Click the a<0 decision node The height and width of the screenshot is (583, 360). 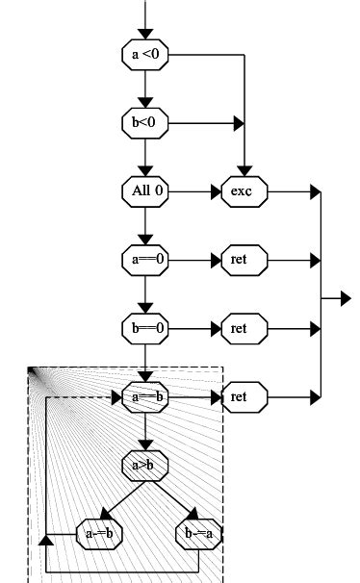pos(146,55)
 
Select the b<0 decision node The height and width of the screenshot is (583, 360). pos(146,123)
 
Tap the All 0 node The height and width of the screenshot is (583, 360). pos(146,191)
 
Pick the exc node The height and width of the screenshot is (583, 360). pos(245,191)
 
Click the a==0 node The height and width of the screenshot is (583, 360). pos(146,260)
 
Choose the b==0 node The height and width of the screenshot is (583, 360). pos(146,328)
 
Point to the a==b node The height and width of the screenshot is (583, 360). pos(146,396)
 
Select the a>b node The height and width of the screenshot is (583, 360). pos(146,465)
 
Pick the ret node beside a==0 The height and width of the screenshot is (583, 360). pos(245,260)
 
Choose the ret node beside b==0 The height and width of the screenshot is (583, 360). pos(245,328)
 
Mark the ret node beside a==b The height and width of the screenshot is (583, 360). pos(245,396)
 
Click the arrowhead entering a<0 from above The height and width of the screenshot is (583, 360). pos(146,33)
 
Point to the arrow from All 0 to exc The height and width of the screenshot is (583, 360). pos(196,191)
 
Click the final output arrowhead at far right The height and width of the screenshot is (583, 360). pos(345,299)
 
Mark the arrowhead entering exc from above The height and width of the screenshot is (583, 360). pos(245,169)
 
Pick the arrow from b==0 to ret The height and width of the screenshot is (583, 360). pos(196,328)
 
